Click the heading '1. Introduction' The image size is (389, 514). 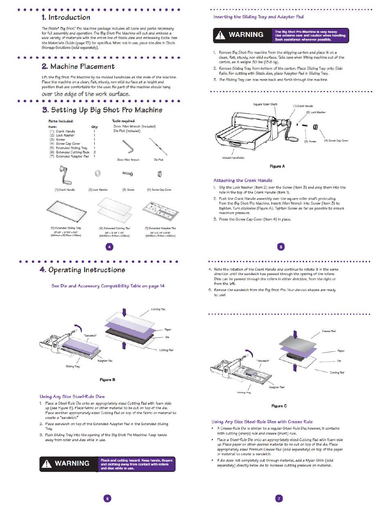click(x=66, y=18)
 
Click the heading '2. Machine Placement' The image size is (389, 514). click(x=78, y=66)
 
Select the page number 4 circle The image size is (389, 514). click(x=109, y=246)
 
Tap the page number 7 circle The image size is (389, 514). click(x=279, y=498)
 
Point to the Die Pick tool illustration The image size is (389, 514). click(x=158, y=146)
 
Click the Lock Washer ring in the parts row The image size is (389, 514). click(x=98, y=174)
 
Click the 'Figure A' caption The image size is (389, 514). click(x=277, y=166)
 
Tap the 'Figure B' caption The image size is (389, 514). click(x=107, y=380)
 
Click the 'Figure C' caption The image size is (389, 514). click(x=279, y=406)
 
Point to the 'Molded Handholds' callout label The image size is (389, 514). click(x=233, y=158)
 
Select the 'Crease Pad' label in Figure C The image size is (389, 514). click(x=328, y=331)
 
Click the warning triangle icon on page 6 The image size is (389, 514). click(x=47, y=463)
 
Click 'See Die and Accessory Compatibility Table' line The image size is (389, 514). click(x=108, y=286)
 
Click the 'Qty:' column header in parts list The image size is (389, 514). click(x=94, y=127)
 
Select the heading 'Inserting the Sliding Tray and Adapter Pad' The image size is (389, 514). click(x=258, y=17)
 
